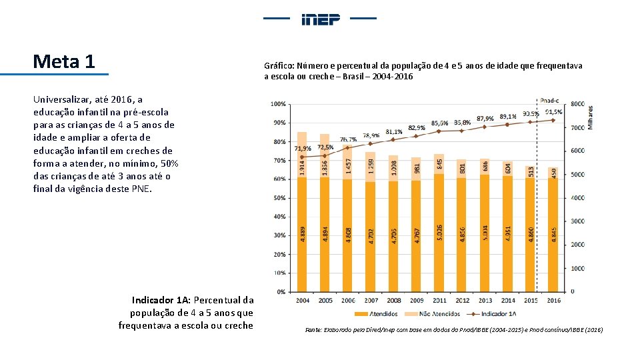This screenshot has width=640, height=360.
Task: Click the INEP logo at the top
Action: (x=321, y=19)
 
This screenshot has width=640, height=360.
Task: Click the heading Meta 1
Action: (x=64, y=62)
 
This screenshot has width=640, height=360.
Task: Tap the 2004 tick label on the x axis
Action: (x=303, y=301)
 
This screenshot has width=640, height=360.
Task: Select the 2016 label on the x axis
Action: (x=553, y=301)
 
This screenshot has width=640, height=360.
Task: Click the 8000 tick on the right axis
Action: (x=578, y=104)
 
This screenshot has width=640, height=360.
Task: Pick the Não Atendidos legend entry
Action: (x=437, y=314)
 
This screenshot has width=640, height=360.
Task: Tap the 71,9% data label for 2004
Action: (x=303, y=148)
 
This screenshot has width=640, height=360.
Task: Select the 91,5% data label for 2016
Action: (x=554, y=112)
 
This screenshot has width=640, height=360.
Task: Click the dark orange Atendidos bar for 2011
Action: (x=439, y=233)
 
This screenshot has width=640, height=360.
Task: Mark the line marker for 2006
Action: (x=347, y=148)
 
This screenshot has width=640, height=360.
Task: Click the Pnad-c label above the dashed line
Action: (x=550, y=100)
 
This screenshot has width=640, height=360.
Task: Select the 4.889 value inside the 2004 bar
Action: (x=303, y=234)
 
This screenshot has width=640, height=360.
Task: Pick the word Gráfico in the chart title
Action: (x=279, y=66)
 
